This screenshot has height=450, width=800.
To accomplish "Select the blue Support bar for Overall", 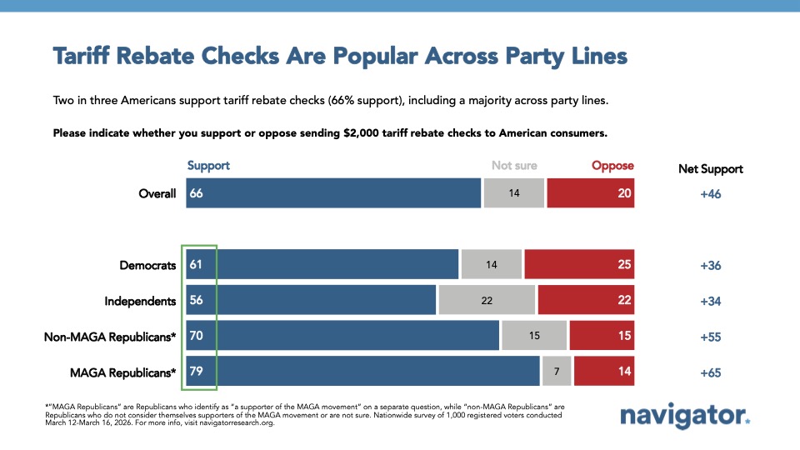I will (333, 192).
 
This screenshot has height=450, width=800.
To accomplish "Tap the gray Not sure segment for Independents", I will (487, 301).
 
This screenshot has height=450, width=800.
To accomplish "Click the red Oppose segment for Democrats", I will (579, 265).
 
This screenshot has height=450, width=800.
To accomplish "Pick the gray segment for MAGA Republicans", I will (557, 372).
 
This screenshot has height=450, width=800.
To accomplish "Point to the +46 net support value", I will (710, 193).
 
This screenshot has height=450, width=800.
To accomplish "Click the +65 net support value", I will (710, 372).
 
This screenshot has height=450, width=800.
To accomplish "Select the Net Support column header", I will (710, 169).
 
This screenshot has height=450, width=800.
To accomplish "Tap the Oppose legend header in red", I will (612, 166).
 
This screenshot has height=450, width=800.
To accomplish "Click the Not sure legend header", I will (514, 166).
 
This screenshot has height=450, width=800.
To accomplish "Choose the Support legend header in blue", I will (208, 166).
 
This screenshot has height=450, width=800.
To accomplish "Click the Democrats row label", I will (147, 266).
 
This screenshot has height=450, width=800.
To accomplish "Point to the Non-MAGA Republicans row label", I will (110, 337).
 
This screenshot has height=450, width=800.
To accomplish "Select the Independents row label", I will (140, 302).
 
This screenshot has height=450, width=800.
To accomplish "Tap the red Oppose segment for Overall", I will (590, 192).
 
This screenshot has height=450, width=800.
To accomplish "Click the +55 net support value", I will (710, 337).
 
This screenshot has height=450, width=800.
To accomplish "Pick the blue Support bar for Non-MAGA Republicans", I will (350, 337).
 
